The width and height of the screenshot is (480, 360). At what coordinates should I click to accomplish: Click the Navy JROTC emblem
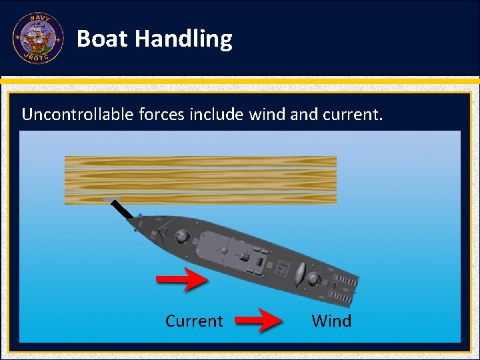click(38, 38)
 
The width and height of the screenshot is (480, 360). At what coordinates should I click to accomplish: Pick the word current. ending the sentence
click(353, 114)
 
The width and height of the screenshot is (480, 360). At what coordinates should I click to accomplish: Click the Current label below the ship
click(194, 321)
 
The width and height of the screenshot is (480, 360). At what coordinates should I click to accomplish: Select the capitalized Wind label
click(331, 321)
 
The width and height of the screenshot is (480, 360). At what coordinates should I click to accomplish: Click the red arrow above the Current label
click(182, 279)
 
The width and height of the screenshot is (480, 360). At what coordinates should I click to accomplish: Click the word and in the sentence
click(304, 114)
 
